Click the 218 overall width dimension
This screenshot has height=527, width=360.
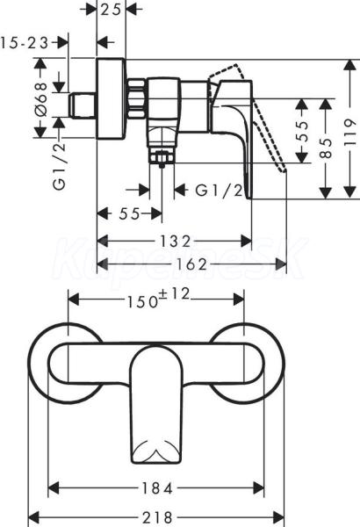[157, 517]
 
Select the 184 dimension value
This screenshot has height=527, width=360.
[156, 488]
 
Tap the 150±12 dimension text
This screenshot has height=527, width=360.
[158, 299]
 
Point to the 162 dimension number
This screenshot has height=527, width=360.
[191, 264]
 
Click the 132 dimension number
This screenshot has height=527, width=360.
[175, 241]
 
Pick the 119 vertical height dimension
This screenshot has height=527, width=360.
[350, 132]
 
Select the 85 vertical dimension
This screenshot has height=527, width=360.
[326, 148]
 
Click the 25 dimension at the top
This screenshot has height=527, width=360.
[111, 10]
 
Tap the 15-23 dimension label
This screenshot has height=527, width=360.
[25, 43]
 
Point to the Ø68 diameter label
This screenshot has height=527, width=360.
[41, 99]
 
